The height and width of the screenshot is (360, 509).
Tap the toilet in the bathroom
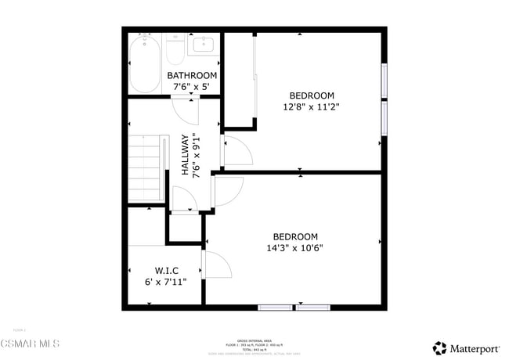pyautogui.click(x=175, y=52)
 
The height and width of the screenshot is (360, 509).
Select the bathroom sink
pyautogui.click(x=204, y=45)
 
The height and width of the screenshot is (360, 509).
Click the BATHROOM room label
pyautogui.click(x=192, y=76)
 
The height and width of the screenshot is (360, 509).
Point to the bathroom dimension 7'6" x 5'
pyautogui.click(x=192, y=87)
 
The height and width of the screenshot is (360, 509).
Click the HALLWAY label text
pyautogui.click(x=186, y=155)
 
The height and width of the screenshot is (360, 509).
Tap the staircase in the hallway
pyautogui.click(x=148, y=168)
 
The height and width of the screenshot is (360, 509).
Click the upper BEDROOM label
pyautogui.click(x=312, y=95)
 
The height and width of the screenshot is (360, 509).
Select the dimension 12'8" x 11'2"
pyautogui.click(x=312, y=106)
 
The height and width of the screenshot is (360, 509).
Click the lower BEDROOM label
pyautogui.click(x=295, y=237)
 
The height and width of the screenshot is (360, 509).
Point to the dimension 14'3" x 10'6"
pyautogui.click(x=295, y=248)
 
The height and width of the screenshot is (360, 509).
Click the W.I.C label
pyautogui.click(x=166, y=271)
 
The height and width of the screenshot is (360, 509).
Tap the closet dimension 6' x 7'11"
pyautogui.click(x=166, y=282)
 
